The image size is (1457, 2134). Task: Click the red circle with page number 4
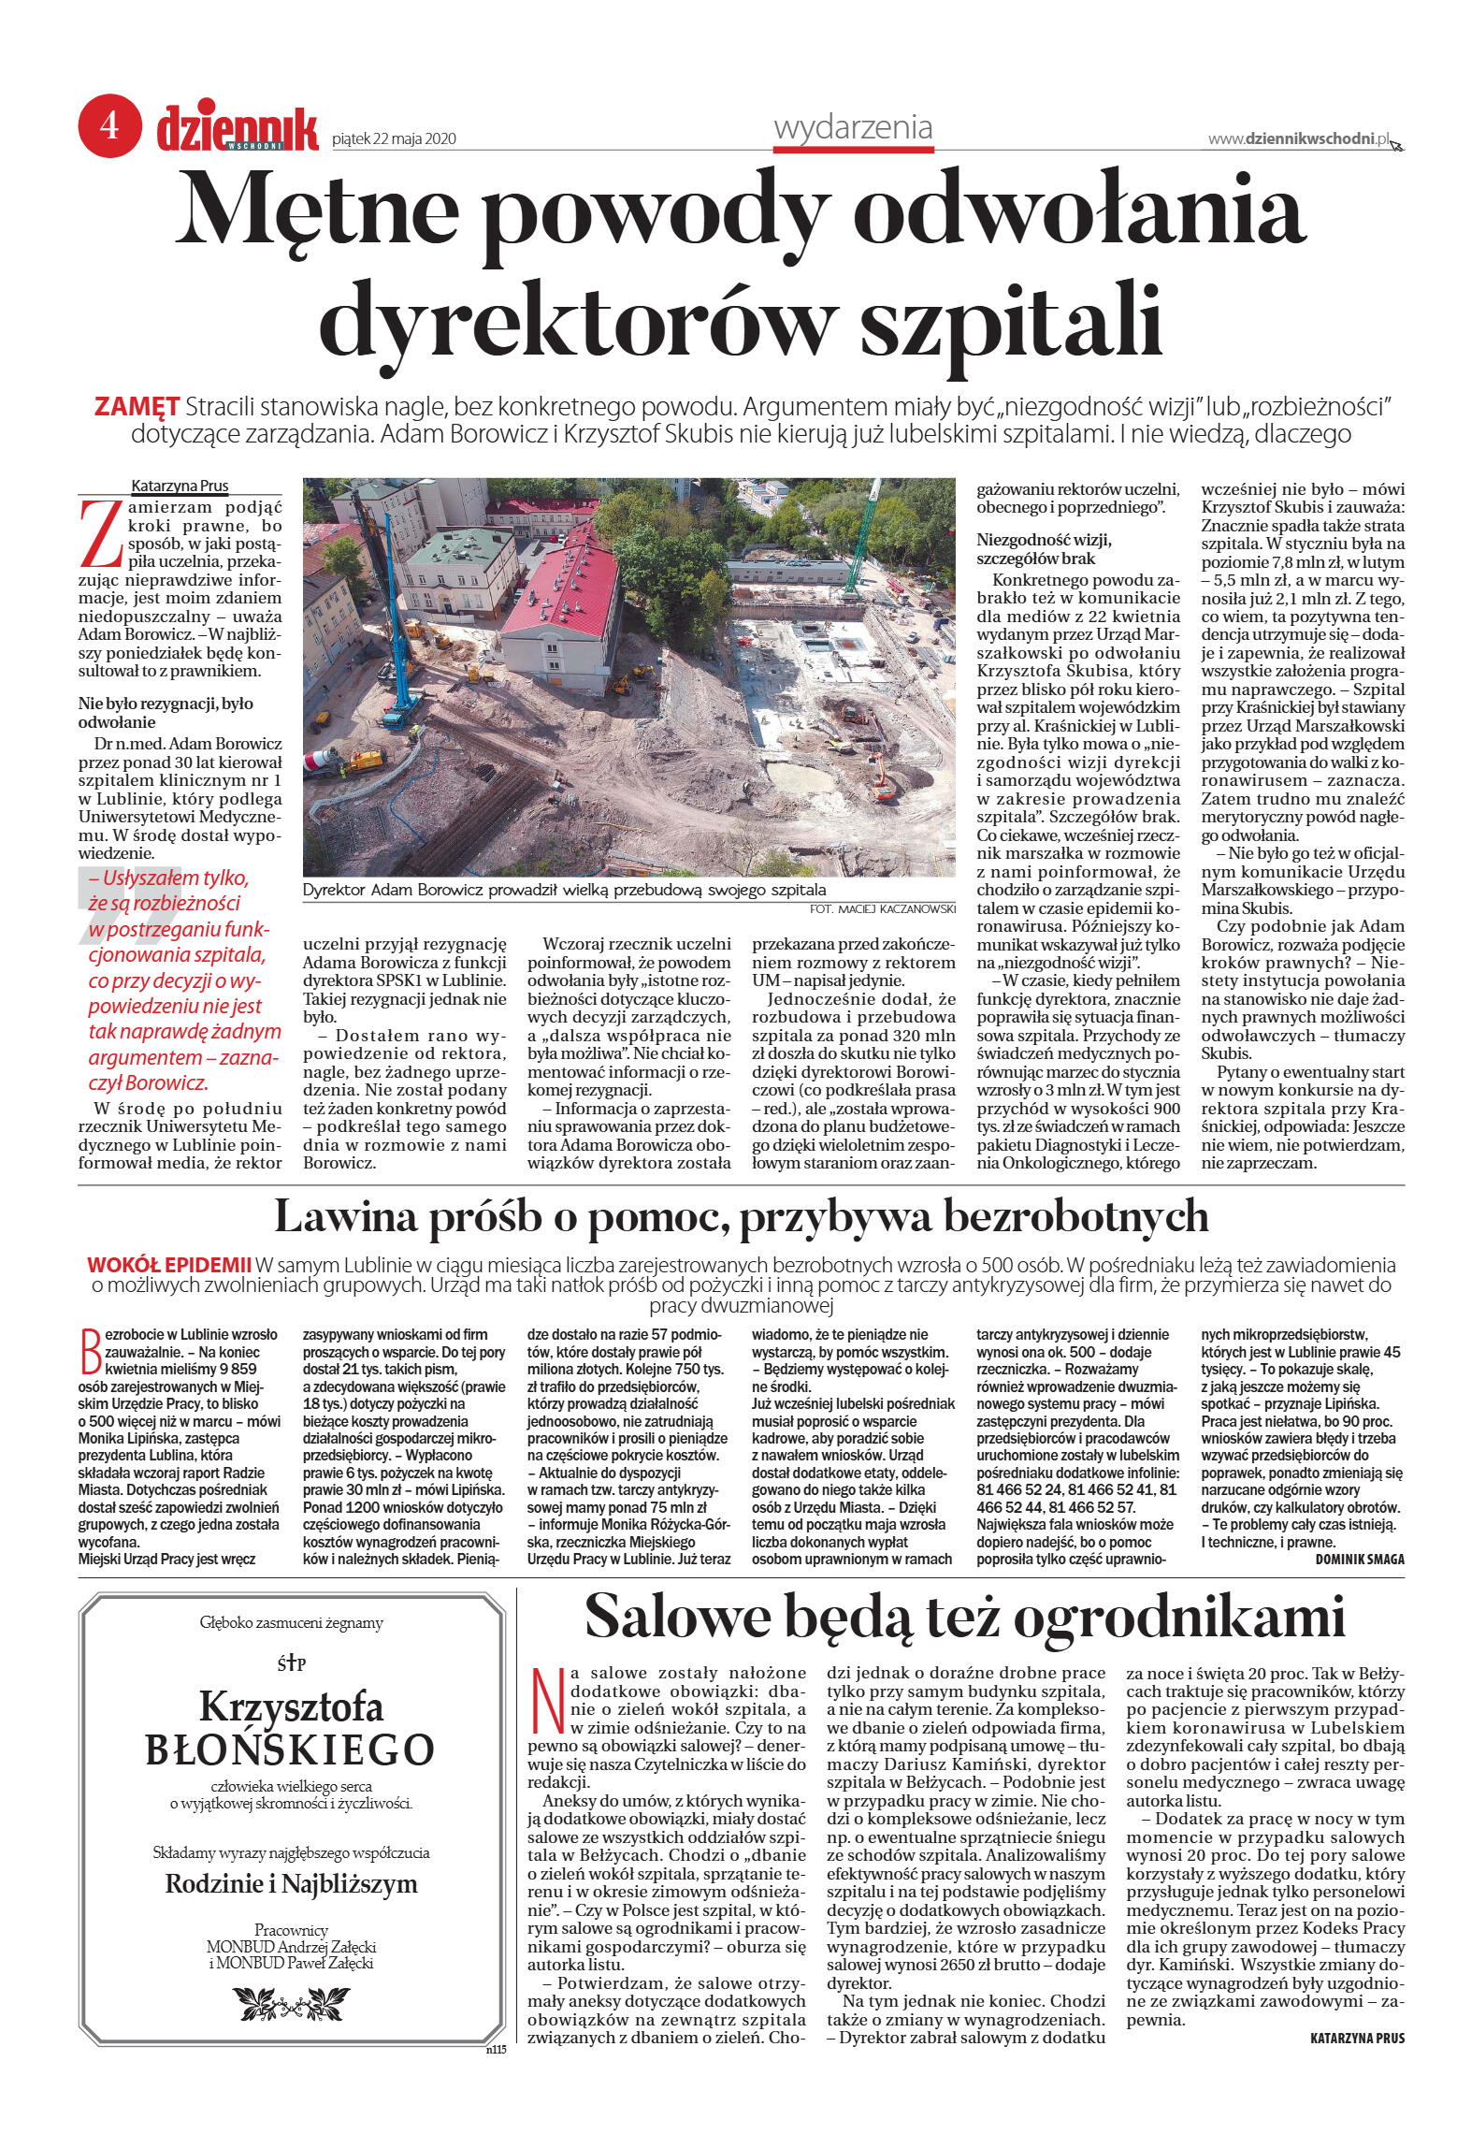point(109,125)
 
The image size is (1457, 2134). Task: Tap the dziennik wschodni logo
point(238,129)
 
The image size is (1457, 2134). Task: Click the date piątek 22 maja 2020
point(394,139)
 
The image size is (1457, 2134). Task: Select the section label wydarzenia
point(853,128)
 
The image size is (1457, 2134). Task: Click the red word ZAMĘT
point(137,407)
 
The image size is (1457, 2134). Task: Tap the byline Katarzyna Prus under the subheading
point(180,486)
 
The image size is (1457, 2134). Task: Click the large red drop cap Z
point(101,533)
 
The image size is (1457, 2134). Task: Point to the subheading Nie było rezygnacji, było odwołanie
point(166,713)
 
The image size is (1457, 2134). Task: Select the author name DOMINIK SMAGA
point(1359,1559)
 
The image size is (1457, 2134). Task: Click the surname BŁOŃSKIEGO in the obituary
point(290,1749)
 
